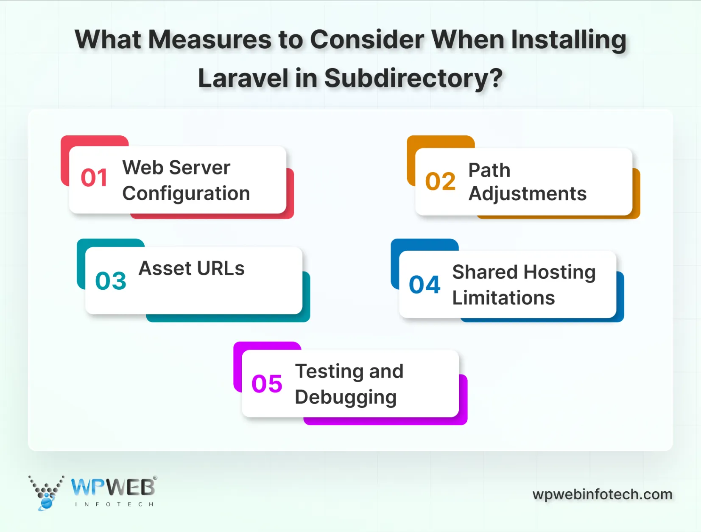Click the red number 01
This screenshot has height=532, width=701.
click(x=94, y=178)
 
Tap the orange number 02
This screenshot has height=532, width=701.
click(x=440, y=182)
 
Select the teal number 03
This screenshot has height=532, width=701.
click(x=111, y=281)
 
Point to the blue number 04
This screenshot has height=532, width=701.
click(x=425, y=285)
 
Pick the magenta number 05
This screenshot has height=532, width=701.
click(x=267, y=384)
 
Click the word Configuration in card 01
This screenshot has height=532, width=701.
click(x=186, y=194)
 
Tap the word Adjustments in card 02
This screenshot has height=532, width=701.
click(x=527, y=194)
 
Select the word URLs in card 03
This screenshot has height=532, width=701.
click(x=221, y=269)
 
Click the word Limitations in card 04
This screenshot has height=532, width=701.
click(x=503, y=298)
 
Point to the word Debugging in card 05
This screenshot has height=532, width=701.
click(x=346, y=398)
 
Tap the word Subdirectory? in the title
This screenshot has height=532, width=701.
click(x=413, y=78)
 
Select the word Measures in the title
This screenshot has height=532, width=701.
click(x=209, y=40)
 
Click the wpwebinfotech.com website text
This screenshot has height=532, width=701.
click(x=602, y=494)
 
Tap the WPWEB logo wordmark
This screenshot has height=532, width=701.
click(x=113, y=487)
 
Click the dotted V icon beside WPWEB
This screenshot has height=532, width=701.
click(x=46, y=492)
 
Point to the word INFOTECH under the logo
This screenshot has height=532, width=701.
click(x=114, y=504)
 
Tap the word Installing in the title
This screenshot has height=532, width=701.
click(x=568, y=40)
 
